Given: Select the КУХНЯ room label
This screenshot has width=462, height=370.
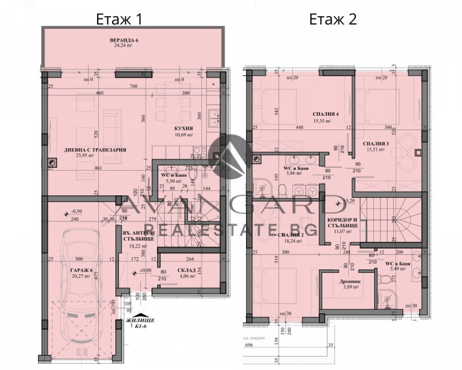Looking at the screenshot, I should coord(184,129).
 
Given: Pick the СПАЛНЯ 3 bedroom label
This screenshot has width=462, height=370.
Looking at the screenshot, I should coord(377,143).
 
